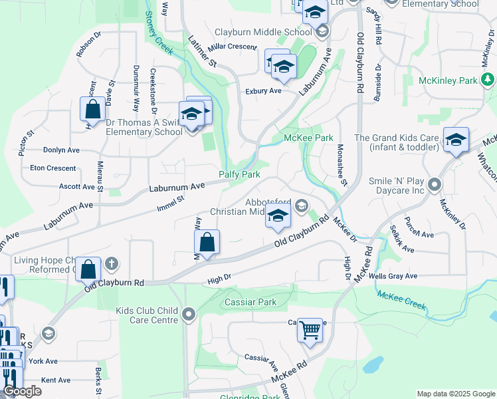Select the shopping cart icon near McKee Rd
pos(310,330)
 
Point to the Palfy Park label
pos(240,174)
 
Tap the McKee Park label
pos(308,138)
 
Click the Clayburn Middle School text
pos(263,32)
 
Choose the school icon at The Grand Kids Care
pos(456,140)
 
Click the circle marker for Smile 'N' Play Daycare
pos(435,184)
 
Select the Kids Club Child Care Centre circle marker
pos(190,313)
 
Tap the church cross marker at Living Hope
pos(111,263)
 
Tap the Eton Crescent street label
pos(53,168)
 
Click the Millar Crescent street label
pos(232,47)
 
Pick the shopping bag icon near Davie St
pos(93,110)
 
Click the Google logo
pos(22,391)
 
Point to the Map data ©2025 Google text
pos(455,394)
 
